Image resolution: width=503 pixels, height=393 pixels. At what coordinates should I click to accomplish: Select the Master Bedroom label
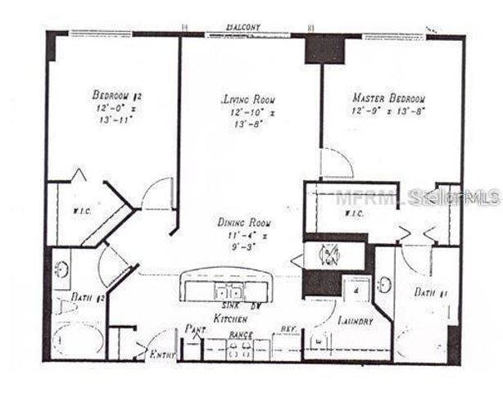tap(387, 97)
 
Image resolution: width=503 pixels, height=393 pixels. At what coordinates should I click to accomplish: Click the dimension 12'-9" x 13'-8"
tap(387, 110)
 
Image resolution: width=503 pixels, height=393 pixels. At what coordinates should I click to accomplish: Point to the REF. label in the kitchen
tap(288, 332)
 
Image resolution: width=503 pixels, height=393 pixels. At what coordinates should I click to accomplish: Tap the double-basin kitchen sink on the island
tap(226, 291)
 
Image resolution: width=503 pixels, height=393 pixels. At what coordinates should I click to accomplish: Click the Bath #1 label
tap(428, 291)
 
